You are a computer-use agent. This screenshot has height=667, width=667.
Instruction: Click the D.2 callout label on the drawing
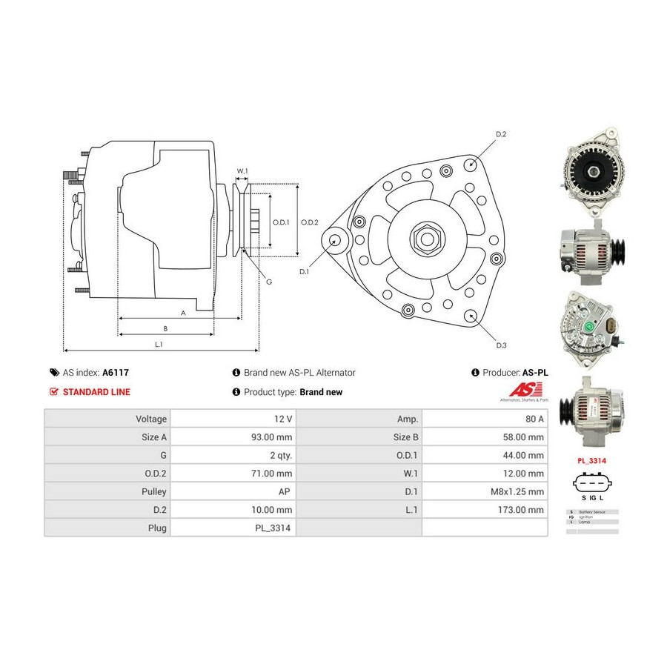[500, 134]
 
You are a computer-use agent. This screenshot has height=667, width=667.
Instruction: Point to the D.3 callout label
[501, 345]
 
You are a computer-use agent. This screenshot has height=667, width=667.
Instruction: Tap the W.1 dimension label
[242, 172]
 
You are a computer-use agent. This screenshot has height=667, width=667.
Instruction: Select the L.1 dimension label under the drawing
[159, 344]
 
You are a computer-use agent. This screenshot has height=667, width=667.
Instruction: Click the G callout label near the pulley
[269, 282]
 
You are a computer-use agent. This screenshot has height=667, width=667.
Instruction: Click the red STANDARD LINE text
[96, 392]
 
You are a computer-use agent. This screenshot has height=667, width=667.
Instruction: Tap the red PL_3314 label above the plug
[592, 460]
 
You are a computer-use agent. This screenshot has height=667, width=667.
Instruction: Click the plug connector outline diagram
[592, 485]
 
